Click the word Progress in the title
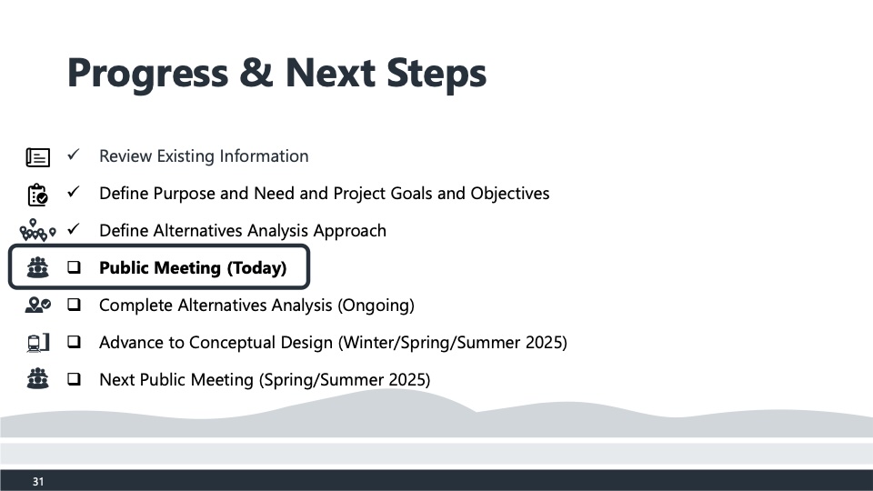point(147,74)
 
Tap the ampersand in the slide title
point(256,73)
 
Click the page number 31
point(38,482)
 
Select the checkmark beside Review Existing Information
point(73,155)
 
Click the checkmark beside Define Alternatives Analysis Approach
point(73,229)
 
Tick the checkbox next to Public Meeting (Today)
point(74,267)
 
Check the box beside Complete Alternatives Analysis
point(74,305)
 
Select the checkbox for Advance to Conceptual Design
point(74,342)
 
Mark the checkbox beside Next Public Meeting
point(74,379)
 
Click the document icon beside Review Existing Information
point(38,157)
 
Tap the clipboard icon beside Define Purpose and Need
point(38,195)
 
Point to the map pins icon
point(38,230)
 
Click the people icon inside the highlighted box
point(38,267)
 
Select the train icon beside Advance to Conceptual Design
point(38,343)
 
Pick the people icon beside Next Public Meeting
point(38,378)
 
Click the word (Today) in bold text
point(256,268)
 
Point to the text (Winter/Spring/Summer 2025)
point(453,343)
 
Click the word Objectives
point(510,194)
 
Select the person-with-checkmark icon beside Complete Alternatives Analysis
point(38,306)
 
